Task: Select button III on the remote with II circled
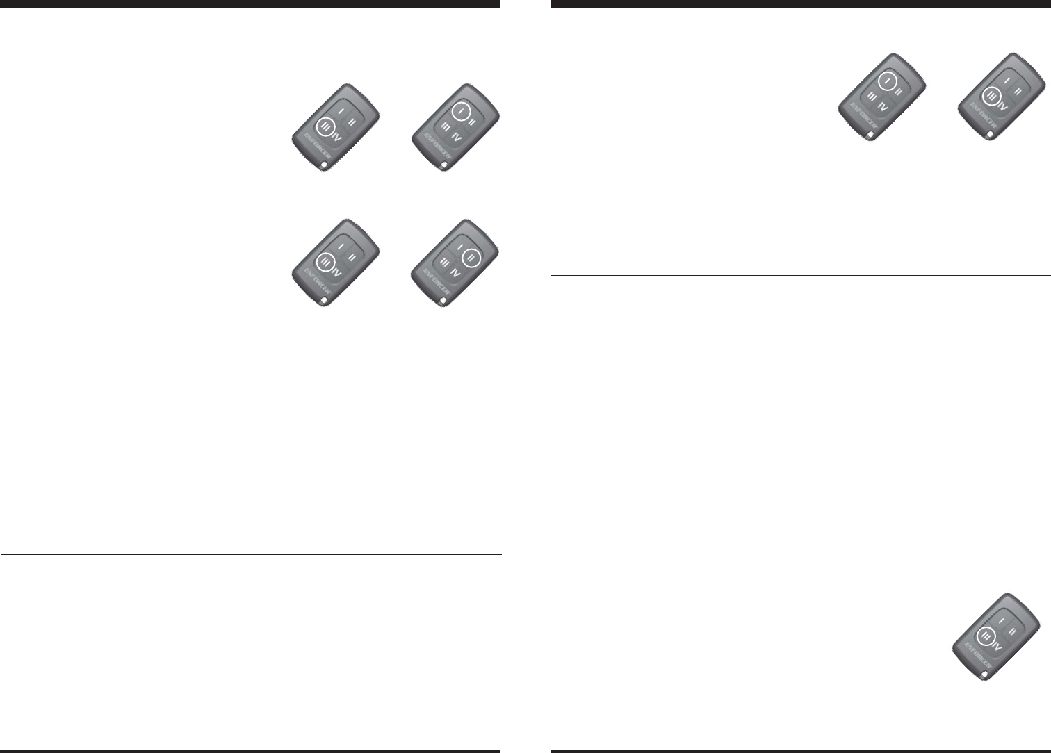pyautogui.click(x=445, y=261)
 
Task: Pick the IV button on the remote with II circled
pyautogui.click(x=456, y=272)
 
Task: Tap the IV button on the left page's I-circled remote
pyautogui.click(x=456, y=137)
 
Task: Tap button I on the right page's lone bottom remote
pyautogui.click(x=1000, y=618)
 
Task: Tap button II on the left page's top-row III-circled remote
pyautogui.click(x=352, y=122)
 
